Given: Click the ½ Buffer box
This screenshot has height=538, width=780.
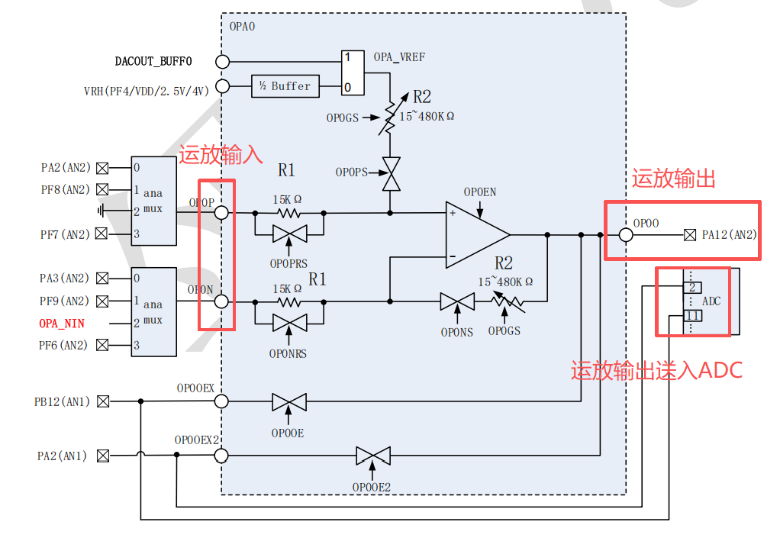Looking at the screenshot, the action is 285,86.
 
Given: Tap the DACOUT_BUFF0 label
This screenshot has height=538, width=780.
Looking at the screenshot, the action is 153,62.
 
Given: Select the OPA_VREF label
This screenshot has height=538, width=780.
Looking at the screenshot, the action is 399,57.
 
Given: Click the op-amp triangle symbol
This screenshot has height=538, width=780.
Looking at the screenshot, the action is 478,235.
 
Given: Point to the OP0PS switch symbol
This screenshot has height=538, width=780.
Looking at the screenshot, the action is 391,174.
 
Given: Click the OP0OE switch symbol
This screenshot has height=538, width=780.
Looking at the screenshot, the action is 289,401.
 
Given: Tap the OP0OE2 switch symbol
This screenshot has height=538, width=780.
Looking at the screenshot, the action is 373,456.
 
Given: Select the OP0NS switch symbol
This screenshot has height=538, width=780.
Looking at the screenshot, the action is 457,301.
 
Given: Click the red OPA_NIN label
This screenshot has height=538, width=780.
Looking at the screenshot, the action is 62,324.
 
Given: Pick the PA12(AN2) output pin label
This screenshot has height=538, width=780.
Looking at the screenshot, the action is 730,235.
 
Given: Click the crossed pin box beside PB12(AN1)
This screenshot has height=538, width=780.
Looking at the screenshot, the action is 103,401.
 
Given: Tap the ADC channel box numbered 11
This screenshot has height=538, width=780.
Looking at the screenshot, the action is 693,316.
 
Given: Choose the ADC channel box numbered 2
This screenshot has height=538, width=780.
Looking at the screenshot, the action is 692,288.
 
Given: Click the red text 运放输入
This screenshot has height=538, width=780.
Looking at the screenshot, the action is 221,155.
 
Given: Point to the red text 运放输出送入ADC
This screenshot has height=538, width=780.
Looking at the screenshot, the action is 656,370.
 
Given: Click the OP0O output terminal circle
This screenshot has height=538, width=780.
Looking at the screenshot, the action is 626,235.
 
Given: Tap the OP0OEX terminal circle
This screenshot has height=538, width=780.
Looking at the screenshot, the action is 221,401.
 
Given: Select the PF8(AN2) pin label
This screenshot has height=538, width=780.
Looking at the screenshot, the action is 65,189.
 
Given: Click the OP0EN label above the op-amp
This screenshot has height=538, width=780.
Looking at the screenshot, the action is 479,192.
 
